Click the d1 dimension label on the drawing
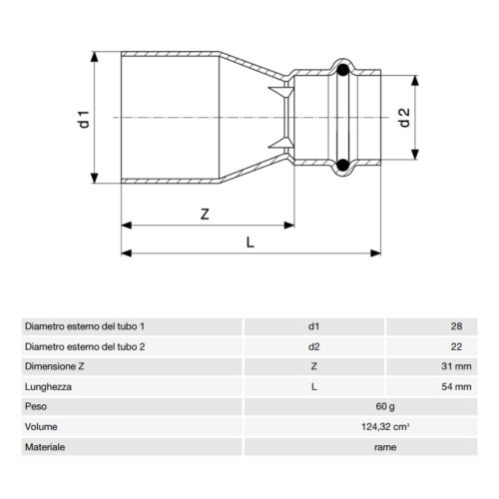pos(86,118)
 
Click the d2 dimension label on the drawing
pos(403,118)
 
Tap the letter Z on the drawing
pos(204,214)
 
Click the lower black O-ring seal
pos(342,166)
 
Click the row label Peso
pos(36,407)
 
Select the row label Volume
pos(41,427)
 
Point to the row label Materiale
pos(45,447)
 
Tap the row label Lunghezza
pos(49,386)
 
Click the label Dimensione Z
pos(56,366)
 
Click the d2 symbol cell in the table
pos(314,346)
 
